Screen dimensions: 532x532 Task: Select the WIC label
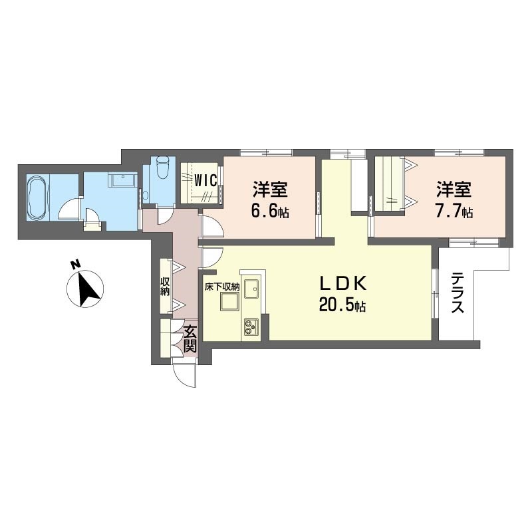pos(205,181)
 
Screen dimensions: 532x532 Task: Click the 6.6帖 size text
pos(270,211)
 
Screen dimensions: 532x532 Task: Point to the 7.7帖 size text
pos(454,211)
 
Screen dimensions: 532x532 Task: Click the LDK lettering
pos(342,283)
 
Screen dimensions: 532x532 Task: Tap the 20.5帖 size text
pos(342,306)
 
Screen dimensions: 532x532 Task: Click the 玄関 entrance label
pos(190,338)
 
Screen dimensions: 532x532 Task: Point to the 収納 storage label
pos(165,287)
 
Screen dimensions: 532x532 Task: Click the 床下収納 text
pos(222,287)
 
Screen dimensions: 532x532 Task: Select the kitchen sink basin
pos(251,289)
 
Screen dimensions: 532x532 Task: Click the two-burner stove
pos(251,327)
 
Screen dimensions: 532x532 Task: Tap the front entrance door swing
pos(184,376)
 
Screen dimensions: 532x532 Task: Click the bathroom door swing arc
pos(69,209)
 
